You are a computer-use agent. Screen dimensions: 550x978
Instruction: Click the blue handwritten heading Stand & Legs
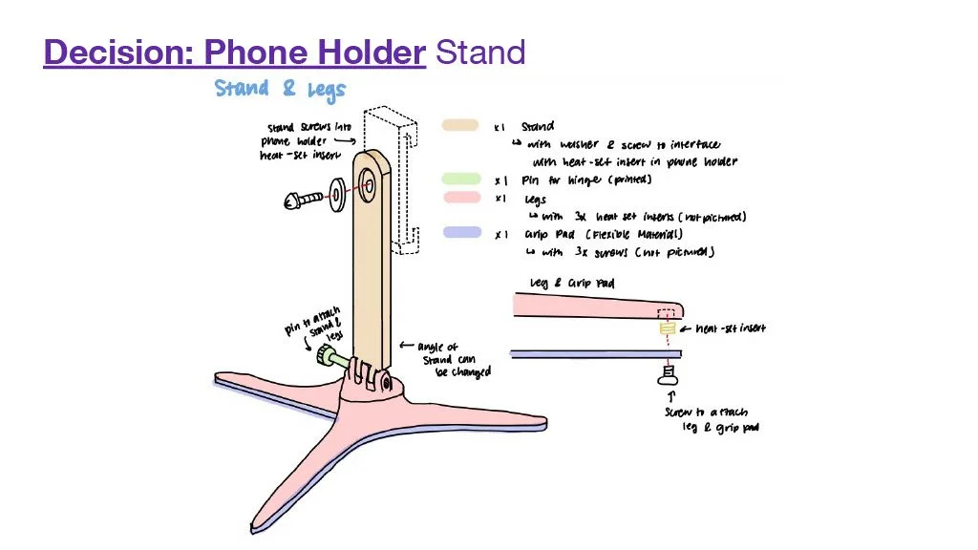coord(280,90)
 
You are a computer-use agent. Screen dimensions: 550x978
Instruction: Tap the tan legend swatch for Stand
coord(460,125)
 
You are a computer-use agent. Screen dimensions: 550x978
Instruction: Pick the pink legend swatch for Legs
coord(460,198)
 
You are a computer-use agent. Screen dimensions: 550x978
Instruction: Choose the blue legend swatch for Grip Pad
coord(460,233)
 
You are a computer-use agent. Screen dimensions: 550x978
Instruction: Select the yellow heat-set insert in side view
coord(668,328)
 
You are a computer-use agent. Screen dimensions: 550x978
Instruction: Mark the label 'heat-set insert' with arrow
coord(728,329)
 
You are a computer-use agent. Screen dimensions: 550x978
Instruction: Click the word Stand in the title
coord(480,52)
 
